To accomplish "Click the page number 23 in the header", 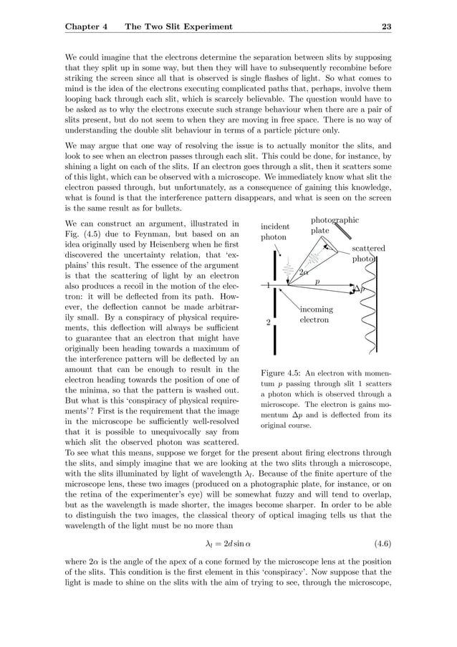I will (x=386, y=27).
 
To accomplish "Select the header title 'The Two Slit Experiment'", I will (x=178, y=27).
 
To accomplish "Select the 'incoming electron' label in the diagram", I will (x=315, y=315).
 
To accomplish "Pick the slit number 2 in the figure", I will (x=267, y=322).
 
